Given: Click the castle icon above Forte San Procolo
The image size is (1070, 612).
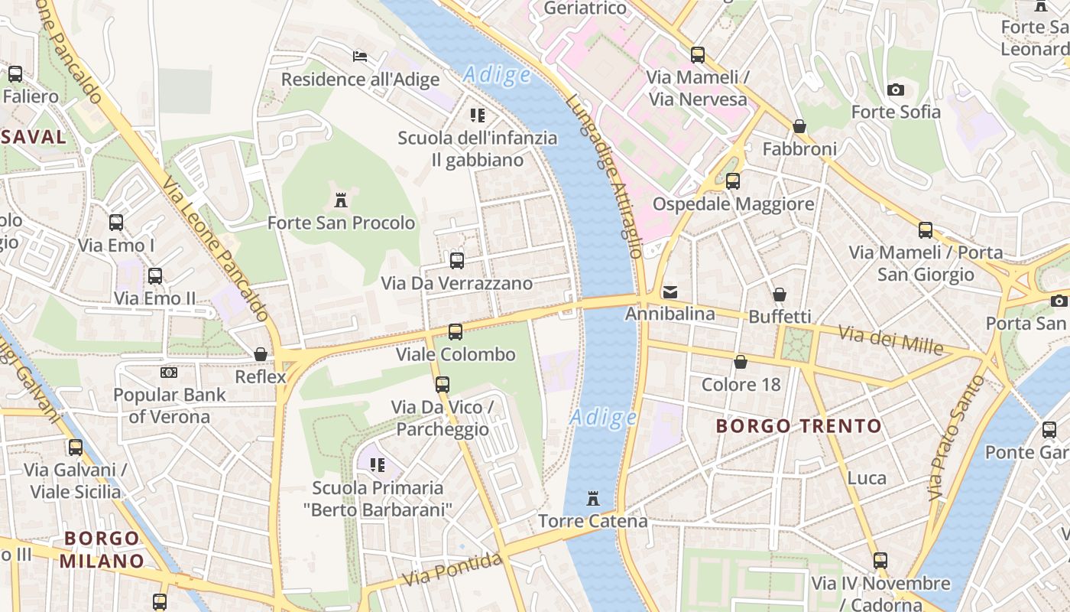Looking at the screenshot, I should pos(341,200).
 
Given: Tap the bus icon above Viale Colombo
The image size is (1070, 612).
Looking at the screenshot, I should pos(455,332).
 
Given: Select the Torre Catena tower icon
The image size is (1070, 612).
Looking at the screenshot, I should pos(592,499).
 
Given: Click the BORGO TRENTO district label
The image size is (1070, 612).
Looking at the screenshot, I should pos(799,426).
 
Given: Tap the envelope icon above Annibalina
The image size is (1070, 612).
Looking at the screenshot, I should pos(670,291).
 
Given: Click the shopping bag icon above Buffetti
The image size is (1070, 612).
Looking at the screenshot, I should pos(780,295).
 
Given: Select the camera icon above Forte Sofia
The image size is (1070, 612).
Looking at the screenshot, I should pos(896,90).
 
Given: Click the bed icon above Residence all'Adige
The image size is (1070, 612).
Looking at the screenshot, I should pos(360,57).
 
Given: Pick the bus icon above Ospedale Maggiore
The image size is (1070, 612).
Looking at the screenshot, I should pos(733,181).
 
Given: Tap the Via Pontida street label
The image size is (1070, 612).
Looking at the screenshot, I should pos(452,570).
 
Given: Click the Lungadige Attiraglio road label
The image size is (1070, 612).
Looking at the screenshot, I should pos(605,176).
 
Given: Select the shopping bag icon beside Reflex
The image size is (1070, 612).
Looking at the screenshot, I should pos(261,354).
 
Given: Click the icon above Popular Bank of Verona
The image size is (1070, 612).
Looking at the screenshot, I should pos(169,373).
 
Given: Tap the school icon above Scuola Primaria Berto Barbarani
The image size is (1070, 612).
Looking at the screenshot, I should pos(378,465).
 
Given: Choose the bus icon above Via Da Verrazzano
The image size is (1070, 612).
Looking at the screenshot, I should pos(457,261).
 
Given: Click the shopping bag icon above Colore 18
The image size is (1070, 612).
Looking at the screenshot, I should pos(741,362).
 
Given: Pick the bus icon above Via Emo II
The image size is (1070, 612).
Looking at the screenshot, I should pos(155,276).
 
